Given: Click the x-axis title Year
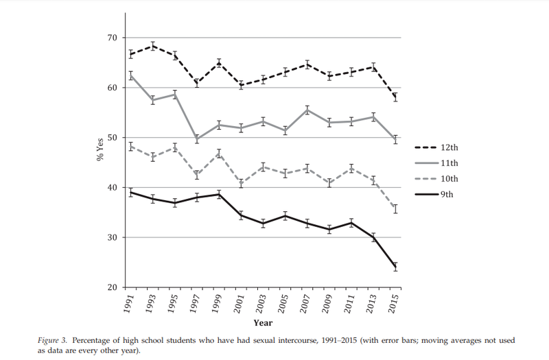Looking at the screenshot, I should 263,322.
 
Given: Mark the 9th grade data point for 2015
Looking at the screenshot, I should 395,267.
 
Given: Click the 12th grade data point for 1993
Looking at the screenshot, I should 153,46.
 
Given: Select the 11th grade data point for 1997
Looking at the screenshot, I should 197,139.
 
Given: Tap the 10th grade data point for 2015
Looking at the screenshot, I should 395,208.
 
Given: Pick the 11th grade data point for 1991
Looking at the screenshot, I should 130,75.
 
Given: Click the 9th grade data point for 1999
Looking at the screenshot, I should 219,194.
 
